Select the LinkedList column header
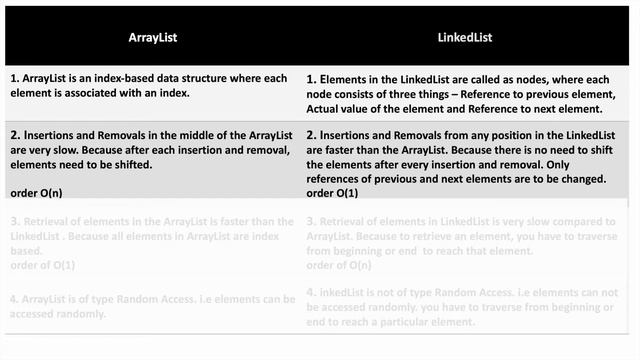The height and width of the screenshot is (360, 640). click(x=465, y=37)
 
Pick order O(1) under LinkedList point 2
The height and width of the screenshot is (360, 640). click(x=332, y=192)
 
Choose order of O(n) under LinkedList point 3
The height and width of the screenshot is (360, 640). click(x=338, y=265)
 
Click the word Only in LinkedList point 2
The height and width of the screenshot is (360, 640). click(x=575, y=164)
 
